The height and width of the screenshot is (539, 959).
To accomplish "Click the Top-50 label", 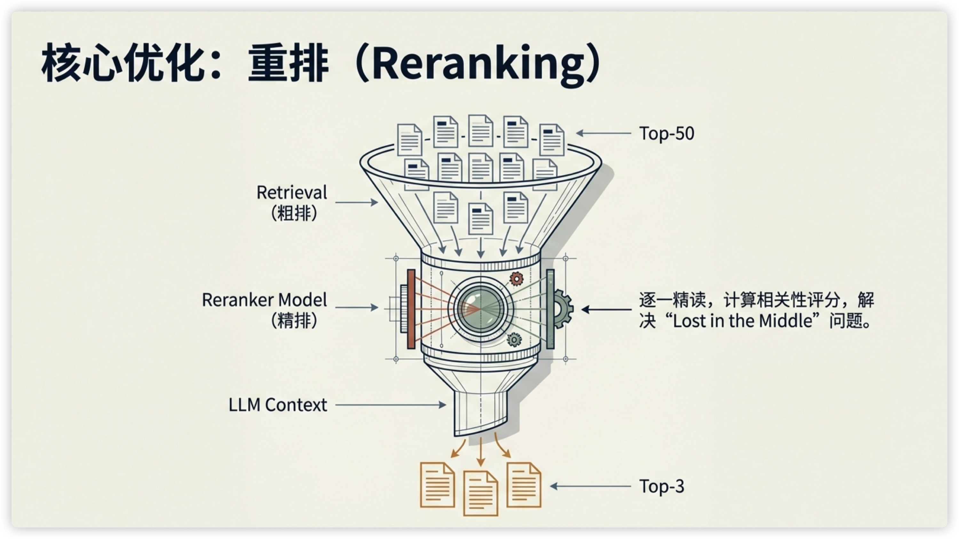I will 666,134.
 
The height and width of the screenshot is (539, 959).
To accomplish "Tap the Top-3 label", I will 662,486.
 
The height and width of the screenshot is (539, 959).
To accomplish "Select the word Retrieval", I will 292,193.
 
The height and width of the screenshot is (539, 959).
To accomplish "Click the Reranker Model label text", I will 264,300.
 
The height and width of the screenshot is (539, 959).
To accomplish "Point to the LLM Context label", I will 278,405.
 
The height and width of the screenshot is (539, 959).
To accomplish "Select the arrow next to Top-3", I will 590,486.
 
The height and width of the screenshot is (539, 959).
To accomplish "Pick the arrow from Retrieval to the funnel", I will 356,202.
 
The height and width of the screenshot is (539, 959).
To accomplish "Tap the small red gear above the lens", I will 516,278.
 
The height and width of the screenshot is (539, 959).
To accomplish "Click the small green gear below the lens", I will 514,339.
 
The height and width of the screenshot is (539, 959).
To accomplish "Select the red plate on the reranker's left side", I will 411,309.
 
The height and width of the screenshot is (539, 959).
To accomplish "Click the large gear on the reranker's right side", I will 562,309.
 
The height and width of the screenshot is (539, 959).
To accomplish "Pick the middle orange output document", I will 480,493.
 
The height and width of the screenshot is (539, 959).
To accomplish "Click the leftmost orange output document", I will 437,485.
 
